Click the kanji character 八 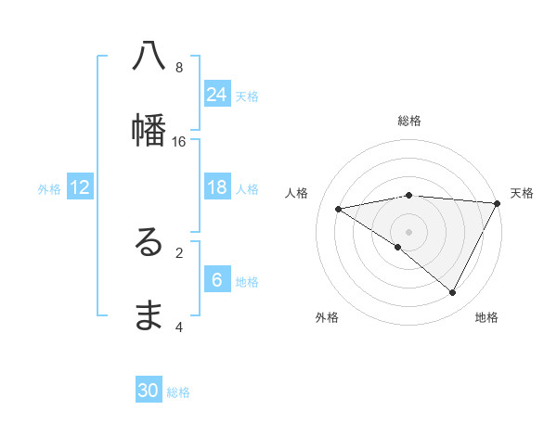149,57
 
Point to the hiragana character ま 149,316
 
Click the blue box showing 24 217,95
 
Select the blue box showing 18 217,187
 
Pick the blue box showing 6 217,280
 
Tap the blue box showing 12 80,187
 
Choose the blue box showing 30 149,391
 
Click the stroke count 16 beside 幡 179,141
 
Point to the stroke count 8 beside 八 179,67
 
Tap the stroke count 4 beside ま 179,327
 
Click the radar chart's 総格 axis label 409,121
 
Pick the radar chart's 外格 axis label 327,317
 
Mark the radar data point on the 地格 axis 453,293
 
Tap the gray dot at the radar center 409,231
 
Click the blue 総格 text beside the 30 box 178,392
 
